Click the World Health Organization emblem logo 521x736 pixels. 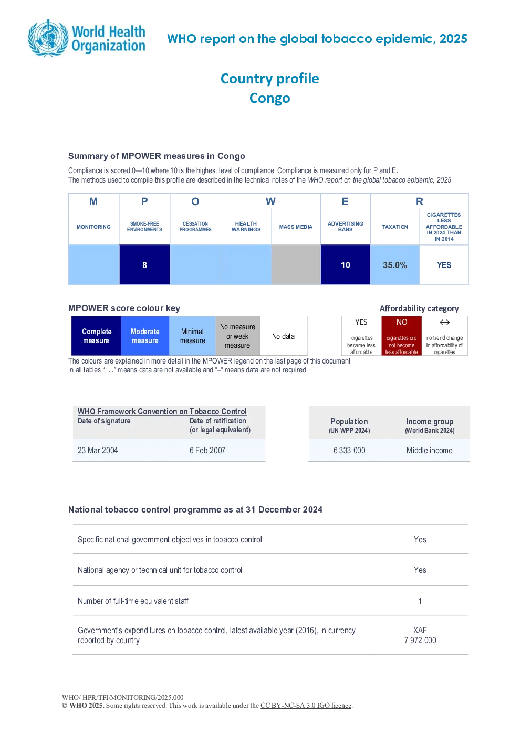[x=49, y=38]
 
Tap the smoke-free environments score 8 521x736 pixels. [x=144, y=265]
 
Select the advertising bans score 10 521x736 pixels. [x=346, y=265]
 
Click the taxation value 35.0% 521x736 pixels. [x=395, y=265]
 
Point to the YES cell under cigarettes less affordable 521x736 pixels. [x=444, y=265]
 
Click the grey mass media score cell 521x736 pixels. [x=296, y=265]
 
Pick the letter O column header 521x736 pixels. [x=195, y=201]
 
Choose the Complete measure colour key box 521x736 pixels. [x=96, y=336]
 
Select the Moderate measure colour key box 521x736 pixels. [x=145, y=336]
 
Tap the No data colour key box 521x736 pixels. [x=283, y=336]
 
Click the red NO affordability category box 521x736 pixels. [x=402, y=336]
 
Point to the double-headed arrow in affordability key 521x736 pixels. [x=444, y=322]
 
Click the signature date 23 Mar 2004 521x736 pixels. [x=98, y=450]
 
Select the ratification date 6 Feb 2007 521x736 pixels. [x=207, y=450]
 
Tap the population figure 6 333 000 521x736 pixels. [x=349, y=450]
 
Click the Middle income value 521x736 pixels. [x=429, y=450]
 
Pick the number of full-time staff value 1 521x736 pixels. [x=420, y=601]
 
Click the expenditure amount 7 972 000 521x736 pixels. [x=420, y=640]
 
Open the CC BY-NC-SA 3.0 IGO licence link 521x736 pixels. [x=306, y=705]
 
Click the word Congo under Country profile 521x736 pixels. [x=270, y=98]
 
